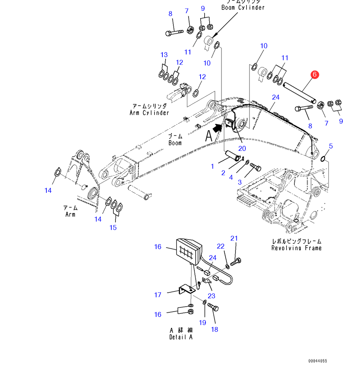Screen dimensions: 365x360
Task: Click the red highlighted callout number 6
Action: coord(314,74)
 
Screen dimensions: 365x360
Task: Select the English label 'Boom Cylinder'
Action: coord(243,8)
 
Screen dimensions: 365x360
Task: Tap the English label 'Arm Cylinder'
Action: coord(149,113)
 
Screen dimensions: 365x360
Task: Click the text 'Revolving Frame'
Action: coord(296,248)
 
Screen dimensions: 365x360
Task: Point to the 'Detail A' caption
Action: coord(181,337)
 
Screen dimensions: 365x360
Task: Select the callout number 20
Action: coord(242,148)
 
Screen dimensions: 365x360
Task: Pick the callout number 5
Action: coord(331,146)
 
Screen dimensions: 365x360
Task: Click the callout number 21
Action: coord(234,238)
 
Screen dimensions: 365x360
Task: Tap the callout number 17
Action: coord(158,295)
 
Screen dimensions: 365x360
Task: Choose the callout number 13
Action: coord(164,55)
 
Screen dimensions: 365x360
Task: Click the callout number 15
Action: coord(113,227)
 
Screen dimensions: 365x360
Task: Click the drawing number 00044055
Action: coord(318,361)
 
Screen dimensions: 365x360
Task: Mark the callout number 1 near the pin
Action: coord(212,166)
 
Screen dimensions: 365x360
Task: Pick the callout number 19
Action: coord(202,323)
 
